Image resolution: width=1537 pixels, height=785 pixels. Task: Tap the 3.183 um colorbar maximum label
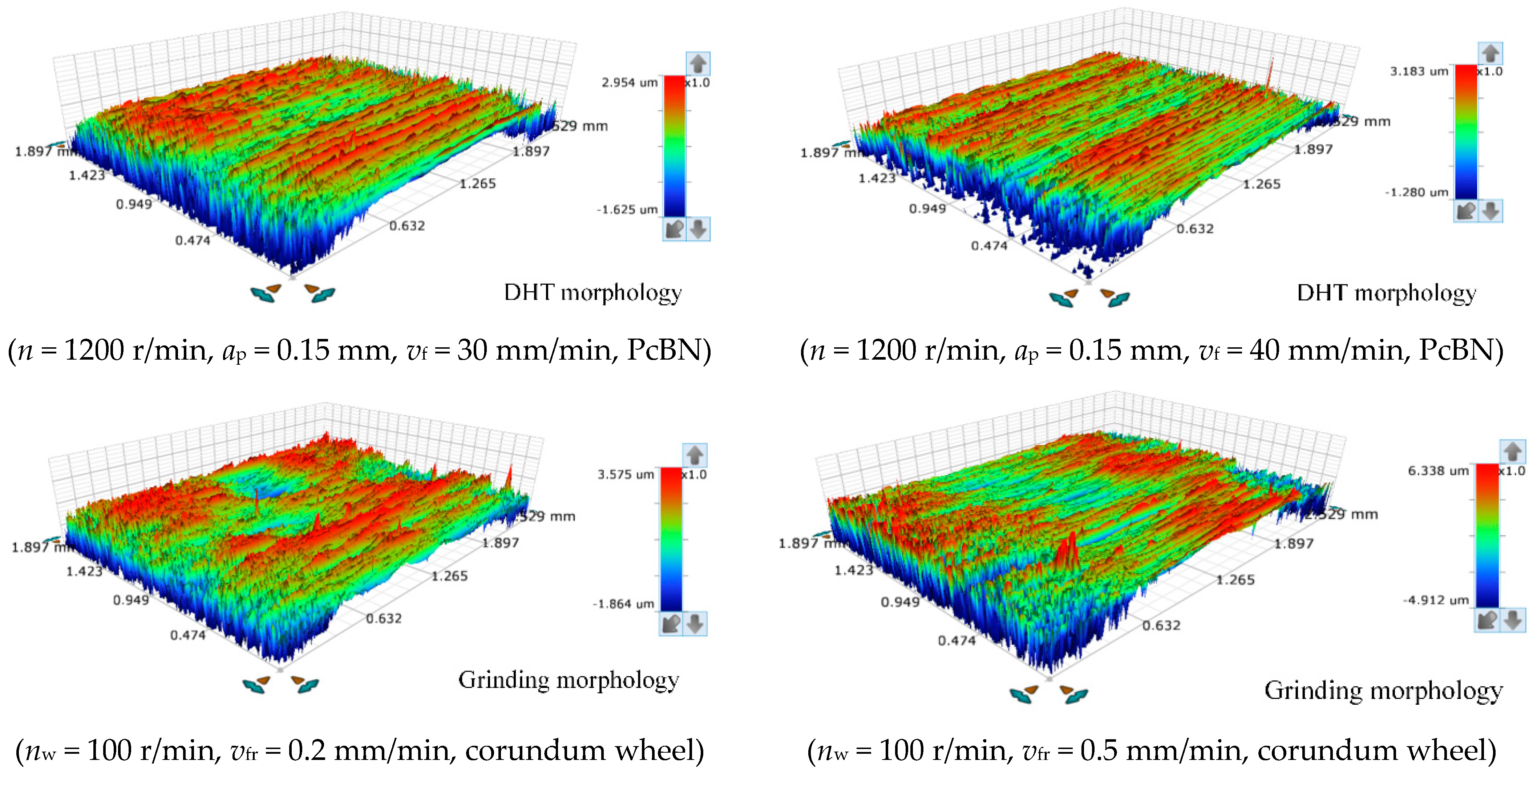[1419, 72]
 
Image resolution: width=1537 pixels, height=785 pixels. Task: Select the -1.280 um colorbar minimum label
[1416, 192]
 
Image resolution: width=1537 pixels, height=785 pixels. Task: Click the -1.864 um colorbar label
[623, 604]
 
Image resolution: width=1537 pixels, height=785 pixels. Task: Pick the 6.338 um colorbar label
[1438, 471]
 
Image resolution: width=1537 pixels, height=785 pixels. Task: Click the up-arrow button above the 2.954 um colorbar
[697, 63]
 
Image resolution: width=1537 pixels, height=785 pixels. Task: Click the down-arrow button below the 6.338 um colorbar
[1513, 620]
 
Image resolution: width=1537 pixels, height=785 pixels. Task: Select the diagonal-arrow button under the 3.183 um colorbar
[1466, 211]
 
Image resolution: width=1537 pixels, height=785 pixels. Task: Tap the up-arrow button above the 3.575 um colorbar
[695, 455]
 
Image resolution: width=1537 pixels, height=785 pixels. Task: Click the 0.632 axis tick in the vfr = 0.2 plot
[384, 619]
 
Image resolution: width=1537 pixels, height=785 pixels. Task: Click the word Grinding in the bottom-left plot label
[503, 680]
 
